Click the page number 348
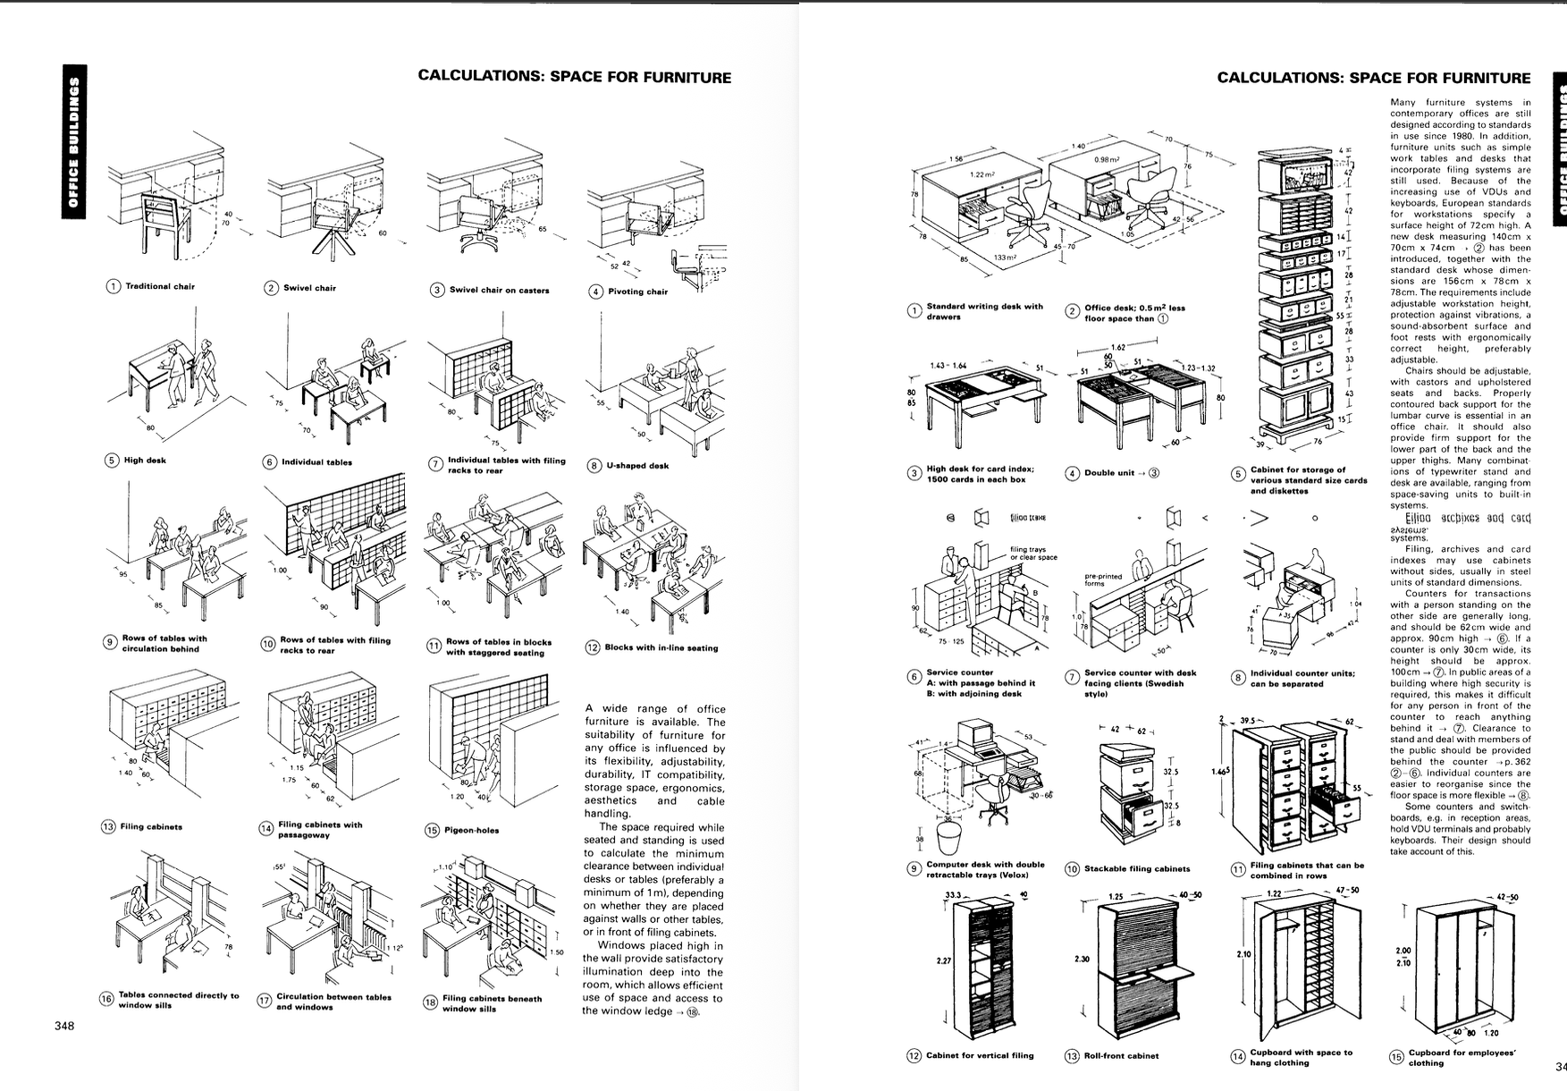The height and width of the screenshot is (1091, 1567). coord(63,1026)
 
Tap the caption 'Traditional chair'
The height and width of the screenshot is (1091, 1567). coord(160,286)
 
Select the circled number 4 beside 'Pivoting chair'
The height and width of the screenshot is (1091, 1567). coord(595,291)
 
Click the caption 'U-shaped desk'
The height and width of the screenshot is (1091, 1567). coord(637,465)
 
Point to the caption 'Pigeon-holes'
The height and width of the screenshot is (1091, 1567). coord(472,830)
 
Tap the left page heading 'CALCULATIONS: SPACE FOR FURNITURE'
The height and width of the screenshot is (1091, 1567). coord(574,77)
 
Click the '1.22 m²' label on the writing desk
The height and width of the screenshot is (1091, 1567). coord(982,175)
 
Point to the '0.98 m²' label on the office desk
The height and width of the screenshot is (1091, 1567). coord(1107,158)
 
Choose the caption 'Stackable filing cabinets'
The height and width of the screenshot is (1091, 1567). coord(1137,868)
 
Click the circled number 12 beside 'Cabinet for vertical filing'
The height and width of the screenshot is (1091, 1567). coord(914,1055)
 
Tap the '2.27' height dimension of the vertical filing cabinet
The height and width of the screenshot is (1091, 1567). coord(944,960)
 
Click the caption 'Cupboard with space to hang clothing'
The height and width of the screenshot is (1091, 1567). coord(1301,1057)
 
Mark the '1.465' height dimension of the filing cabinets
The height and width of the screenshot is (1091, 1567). coord(1220,771)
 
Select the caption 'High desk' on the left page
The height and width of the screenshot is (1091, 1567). coord(145,461)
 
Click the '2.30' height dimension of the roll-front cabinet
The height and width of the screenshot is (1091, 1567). coord(1082,959)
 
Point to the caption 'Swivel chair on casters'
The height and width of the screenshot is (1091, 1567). coord(499,290)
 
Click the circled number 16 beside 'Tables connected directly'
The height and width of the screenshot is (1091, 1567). coord(105,999)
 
